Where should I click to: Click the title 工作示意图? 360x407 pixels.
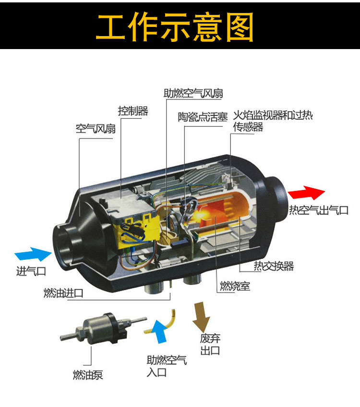(x=175, y=26)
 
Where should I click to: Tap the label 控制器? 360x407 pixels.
(x=133, y=111)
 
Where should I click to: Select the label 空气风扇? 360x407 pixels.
(x=96, y=128)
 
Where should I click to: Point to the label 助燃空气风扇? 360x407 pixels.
(x=193, y=93)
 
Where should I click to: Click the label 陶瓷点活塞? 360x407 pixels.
(x=203, y=117)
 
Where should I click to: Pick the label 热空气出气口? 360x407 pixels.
(x=319, y=210)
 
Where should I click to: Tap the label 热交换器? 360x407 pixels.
(x=274, y=266)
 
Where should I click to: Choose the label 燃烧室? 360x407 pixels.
(x=235, y=286)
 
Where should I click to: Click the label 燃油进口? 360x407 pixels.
(x=63, y=293)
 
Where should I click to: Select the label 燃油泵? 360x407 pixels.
(x=88, y=375)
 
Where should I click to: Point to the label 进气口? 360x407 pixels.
(x=31, y=271)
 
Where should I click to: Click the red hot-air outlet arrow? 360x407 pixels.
(x=306, y=192)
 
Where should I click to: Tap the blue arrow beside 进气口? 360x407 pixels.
(x=33, y=254)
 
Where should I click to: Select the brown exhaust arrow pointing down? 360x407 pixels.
(x=201, y=316)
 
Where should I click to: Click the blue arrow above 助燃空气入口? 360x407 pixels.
(x=158, y=332)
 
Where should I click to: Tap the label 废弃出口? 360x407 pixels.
(x=210, y=344)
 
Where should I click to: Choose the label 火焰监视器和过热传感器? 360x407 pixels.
(x=273, y=121)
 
